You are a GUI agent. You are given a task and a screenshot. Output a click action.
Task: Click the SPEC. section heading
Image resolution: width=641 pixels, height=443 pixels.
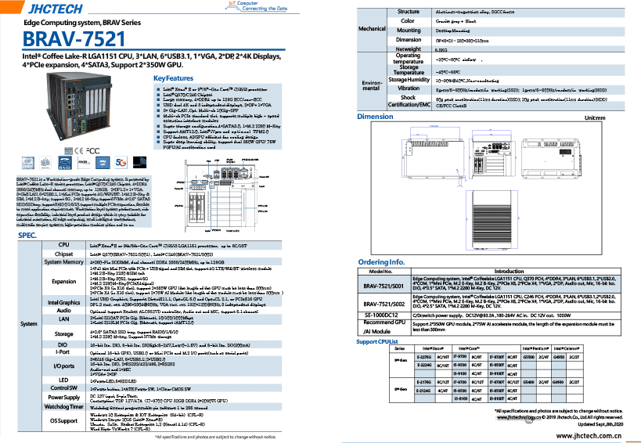tap(28, 236)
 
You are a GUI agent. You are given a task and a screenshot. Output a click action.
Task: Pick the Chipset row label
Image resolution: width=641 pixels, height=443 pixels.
tap(64, 254)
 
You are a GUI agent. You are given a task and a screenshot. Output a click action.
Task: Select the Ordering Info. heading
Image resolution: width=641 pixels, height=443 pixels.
tap(381, 262)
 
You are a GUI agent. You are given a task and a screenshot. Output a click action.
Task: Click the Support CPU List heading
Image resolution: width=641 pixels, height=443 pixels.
tap(383, 341)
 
